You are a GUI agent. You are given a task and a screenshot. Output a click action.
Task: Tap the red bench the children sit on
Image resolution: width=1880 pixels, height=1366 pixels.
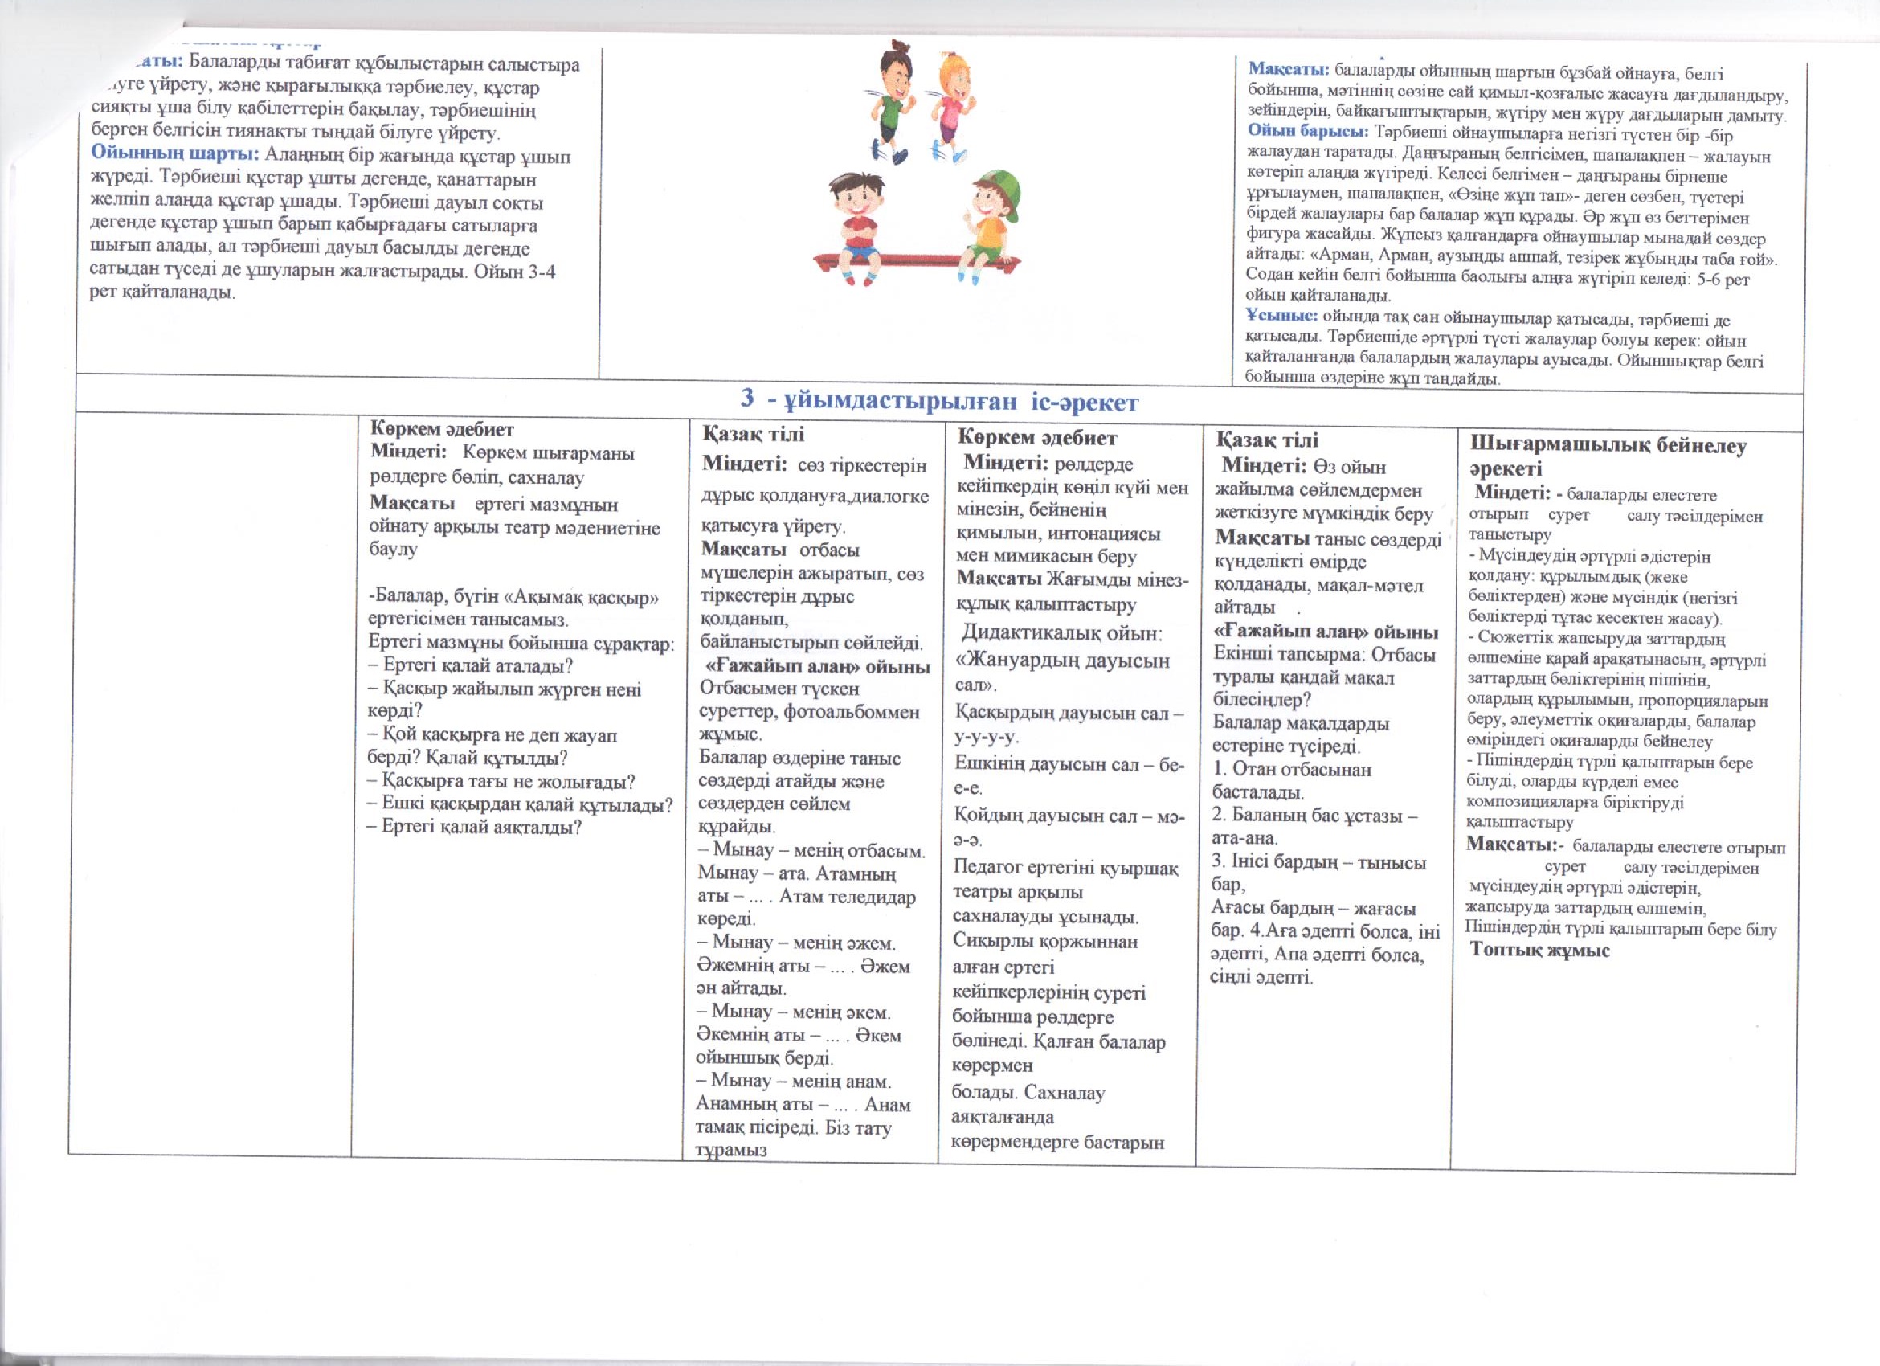(x=915, y=263)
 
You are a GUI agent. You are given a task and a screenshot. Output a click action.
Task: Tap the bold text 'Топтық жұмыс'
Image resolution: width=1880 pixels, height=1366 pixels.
(x=1539, y=950)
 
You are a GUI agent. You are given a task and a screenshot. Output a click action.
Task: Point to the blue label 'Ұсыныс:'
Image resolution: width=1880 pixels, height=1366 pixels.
(x=1281, y=316)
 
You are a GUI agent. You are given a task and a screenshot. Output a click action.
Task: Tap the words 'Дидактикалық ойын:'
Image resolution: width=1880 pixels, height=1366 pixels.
(x=1062, y=633)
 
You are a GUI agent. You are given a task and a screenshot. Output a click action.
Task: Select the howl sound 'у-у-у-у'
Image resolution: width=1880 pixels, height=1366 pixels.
(x=987, y=736)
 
